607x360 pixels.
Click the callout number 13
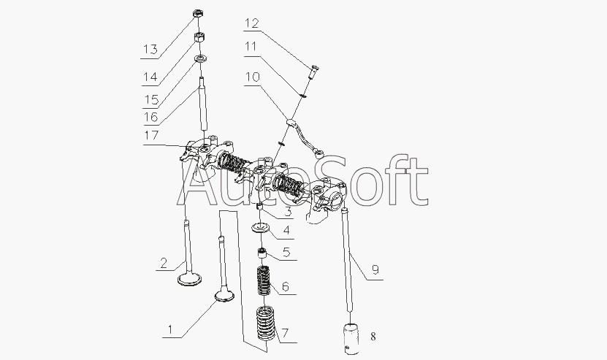tap(150, 49)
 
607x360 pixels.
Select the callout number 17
tap(151, 135)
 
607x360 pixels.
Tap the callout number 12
tap(251, 23)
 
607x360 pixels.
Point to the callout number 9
tap(375, 269)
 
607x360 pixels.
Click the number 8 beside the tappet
tap(373, 337)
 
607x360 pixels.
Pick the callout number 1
tap(169, 330)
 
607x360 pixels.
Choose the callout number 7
tap(285, 333)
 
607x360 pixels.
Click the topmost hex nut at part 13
tap(198, 14)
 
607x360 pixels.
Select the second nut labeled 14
tap(199, 37)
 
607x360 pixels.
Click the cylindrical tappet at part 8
tap(351, 339)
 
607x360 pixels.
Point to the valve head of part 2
tap(189, 279)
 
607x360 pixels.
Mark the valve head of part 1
tap(224, 297)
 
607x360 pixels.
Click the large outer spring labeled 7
tap(266, 323)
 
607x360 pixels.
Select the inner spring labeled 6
tap(264, 280)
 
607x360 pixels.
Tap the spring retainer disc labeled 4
tap(261, 228)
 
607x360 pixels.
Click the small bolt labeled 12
tap(313, 72)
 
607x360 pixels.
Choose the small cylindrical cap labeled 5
tap(262, 253)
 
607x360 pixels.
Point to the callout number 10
tap(252, 76)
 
